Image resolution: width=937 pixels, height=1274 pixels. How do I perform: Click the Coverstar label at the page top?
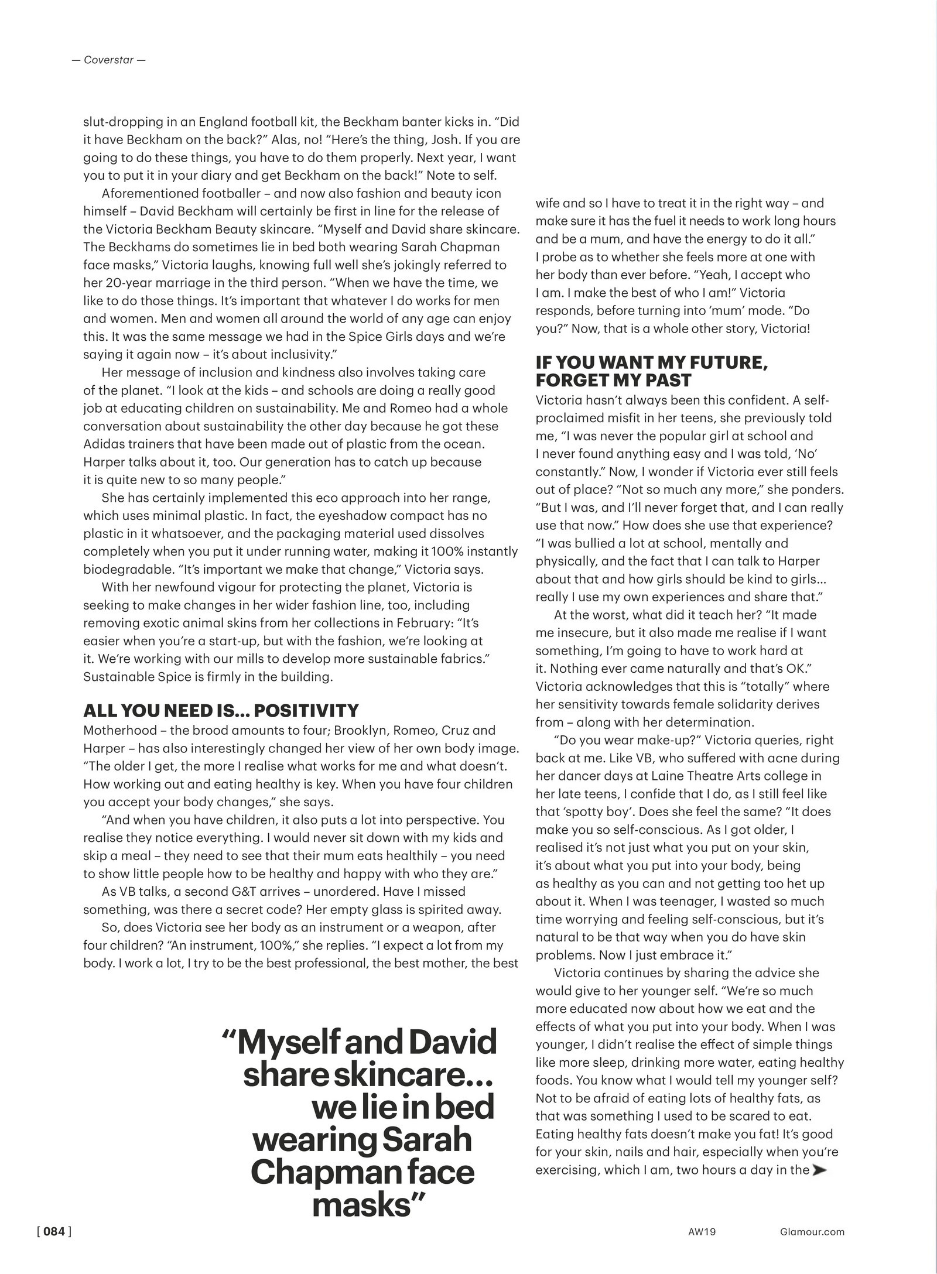click(x=108, y=60)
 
